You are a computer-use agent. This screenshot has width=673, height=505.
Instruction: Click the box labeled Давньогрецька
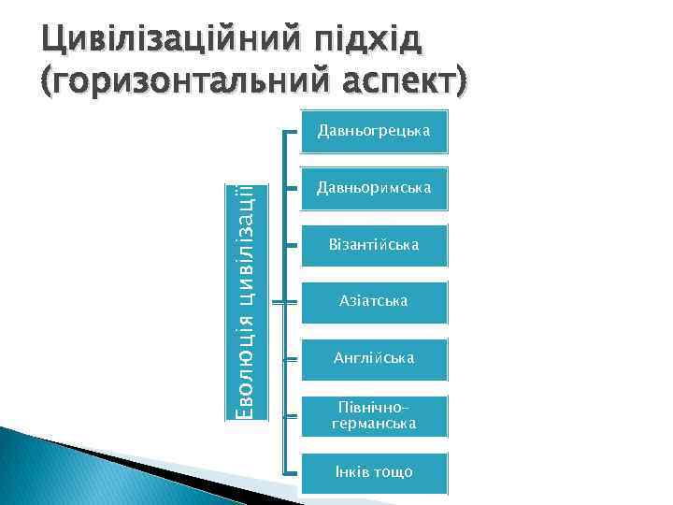point(374,131)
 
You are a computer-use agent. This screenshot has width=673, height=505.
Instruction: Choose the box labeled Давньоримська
point(374,188)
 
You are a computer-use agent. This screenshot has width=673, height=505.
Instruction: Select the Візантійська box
point(374,245)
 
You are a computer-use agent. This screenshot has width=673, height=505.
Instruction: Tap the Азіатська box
point(374,302)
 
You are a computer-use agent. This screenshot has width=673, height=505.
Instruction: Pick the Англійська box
point(374,359)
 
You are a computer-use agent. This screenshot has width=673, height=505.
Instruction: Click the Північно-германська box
point(374,416)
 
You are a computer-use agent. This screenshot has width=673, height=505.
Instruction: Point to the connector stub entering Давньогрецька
point(291,131)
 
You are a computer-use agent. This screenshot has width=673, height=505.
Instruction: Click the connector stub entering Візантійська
point(291,245)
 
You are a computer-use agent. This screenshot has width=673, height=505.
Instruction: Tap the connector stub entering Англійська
point(291,359)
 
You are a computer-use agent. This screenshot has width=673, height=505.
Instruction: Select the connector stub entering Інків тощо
point(291,472)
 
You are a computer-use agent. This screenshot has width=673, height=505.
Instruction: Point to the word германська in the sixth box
point(374,425)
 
